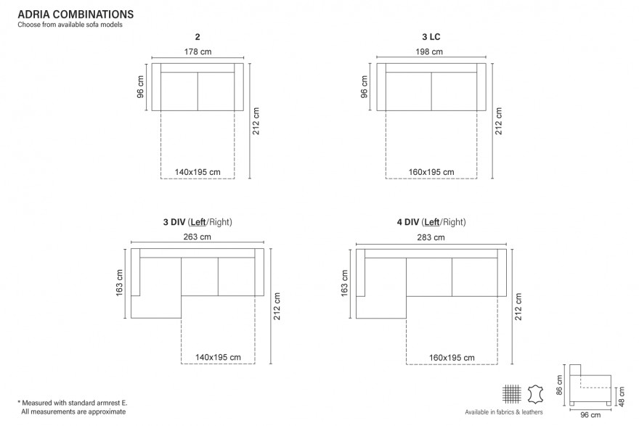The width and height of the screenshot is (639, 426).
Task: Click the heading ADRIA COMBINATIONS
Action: [x=76, y=15]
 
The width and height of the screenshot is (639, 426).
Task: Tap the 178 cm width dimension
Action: [x=198, y=52]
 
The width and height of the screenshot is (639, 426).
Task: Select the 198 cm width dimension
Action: [x=429, y=52]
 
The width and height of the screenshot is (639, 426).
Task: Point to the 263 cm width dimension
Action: [x=198, y=237]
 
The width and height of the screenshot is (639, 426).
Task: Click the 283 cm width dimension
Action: [x=431, y=237]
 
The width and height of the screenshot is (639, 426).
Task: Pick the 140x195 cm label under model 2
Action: [x=198, y=172]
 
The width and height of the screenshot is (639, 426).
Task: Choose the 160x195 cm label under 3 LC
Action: [x=431, y=172]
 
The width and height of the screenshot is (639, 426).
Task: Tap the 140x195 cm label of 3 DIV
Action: [x=218, y=357]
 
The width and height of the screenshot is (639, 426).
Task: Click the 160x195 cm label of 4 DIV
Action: [x=452, y=358]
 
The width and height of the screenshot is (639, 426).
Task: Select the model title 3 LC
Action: [x=431, y=37]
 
